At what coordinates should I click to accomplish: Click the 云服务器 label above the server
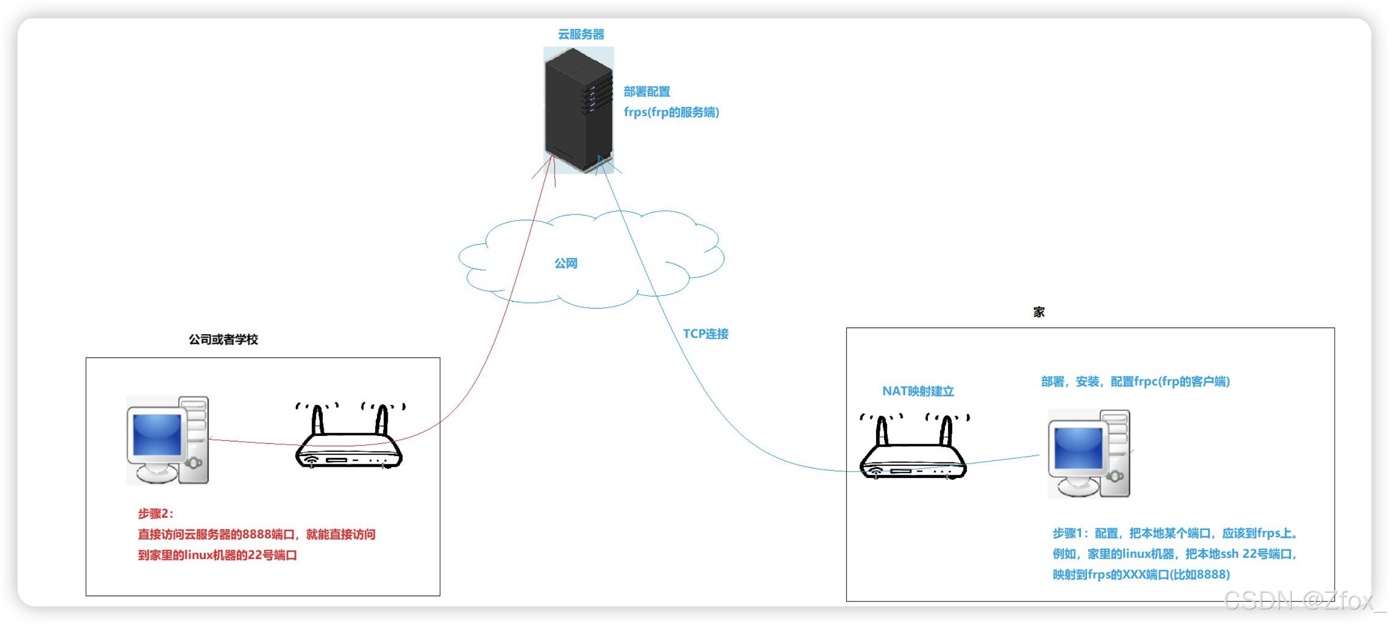tap(581, 35)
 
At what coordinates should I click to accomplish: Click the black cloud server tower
tap(579, 110)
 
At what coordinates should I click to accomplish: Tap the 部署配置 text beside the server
tap(647, 92)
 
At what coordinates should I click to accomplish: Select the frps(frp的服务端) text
tap(672, 112)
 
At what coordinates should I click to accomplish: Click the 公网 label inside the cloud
tap(566, 264)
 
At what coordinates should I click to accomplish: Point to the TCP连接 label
tap(706, 334)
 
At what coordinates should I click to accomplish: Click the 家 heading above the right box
tap(1039, 312)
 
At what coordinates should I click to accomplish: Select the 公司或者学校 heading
tap(223, 339)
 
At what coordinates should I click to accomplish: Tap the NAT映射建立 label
tap(918, 391)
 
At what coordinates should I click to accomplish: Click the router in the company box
tap(349, 435)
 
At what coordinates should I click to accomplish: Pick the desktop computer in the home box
tap(1089, 453)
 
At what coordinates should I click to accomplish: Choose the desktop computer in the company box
tap(168, 440)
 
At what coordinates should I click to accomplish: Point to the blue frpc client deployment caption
tap(1136, 381)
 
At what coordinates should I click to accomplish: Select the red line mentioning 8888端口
tap(257, 535)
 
